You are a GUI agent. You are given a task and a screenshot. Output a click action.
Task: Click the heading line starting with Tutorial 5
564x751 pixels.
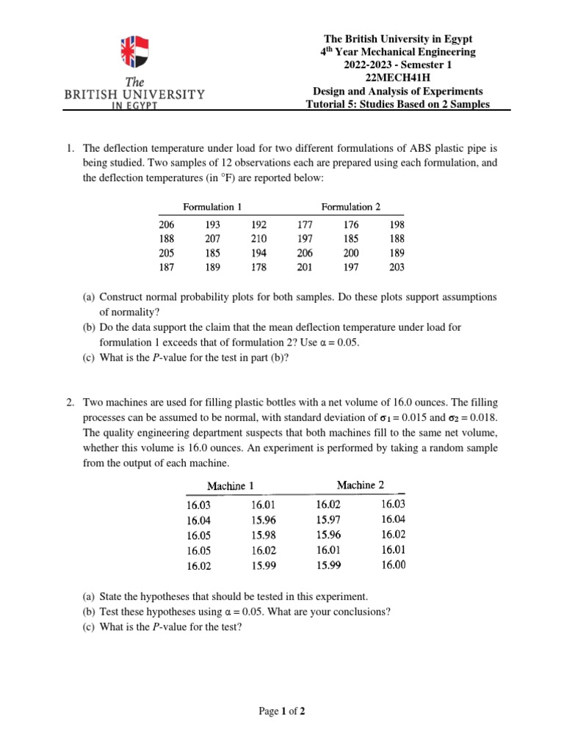(397, 104)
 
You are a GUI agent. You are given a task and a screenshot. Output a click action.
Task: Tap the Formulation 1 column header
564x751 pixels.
(212, 207)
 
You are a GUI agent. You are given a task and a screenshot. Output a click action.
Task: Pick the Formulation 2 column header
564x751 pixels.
(351, 207)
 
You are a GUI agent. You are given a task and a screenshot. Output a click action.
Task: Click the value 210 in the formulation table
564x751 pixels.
(259, 239)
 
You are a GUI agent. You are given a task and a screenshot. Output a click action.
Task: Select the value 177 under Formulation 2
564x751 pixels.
(305, 225)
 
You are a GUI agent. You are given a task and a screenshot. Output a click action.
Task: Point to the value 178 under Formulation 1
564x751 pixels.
(259, 268)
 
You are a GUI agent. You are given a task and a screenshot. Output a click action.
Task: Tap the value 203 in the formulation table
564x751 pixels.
(396, 268)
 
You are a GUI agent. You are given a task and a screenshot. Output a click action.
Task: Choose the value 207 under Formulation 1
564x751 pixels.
(213, 239)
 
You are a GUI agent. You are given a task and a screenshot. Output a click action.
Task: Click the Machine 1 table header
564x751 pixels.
(231, 486)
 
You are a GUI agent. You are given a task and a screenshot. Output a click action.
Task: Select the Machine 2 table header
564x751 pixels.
(361, 485)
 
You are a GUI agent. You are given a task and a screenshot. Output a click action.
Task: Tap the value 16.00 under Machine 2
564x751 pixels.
(393, 564)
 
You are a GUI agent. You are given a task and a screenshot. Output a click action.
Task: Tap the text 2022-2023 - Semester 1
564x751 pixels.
(397, 65)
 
